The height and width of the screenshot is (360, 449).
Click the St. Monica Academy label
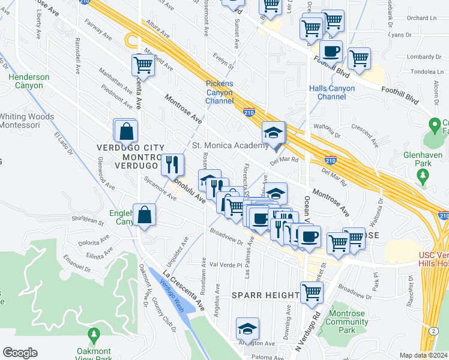[x=229, y=145]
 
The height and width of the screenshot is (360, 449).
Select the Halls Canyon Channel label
[x=332, y=92]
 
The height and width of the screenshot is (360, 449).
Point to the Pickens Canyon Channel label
[x=220, y=92]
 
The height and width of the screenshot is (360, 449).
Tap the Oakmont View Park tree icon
[x=93, y=334]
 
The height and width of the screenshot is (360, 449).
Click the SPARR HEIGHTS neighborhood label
[x=266, y=295]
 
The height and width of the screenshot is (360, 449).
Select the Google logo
[x=20, y=353]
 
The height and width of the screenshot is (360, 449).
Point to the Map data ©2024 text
[x=424, y=355]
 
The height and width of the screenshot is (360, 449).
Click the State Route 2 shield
[x=433, y=331]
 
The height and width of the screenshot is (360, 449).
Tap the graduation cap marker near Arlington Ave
[x=247, y=329]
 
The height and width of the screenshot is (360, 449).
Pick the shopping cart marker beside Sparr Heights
[x=312, y=293]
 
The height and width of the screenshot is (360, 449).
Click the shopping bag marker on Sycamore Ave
[x=145, y=215]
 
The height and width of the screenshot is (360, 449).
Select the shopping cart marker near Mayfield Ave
[x=143, y=65]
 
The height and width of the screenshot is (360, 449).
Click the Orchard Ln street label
[x=423, y=17]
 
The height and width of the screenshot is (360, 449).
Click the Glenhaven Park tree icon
[x=423, y=176]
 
